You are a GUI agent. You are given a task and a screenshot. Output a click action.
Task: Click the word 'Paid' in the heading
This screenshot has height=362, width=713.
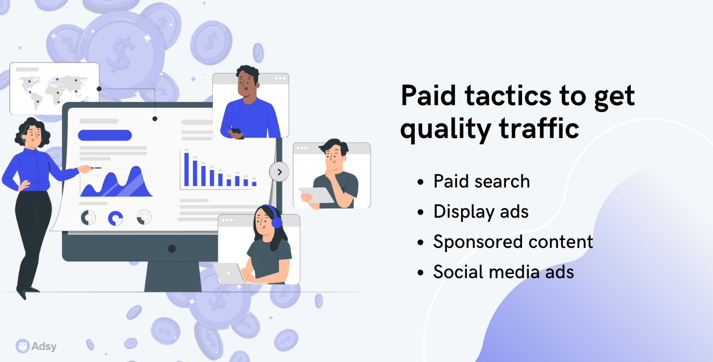click(x=429, y=96)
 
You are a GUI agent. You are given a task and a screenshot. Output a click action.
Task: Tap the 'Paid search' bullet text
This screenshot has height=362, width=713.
click(x=481, y=182)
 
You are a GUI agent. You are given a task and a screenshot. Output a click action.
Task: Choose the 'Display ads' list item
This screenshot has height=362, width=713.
click(x=481, y=212)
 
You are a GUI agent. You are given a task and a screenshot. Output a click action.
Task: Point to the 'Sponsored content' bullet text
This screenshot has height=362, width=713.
click(x=513, y=242)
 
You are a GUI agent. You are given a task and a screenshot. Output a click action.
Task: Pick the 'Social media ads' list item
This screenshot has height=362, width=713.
click(x=503, y=272)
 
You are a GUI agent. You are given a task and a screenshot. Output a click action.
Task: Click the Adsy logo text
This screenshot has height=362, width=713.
click(x=44, y=346)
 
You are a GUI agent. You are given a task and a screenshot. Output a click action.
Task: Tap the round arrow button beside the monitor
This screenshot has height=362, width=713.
click(x=279, y=172)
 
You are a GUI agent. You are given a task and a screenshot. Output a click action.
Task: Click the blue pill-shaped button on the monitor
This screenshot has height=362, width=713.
click(x=105, y=135)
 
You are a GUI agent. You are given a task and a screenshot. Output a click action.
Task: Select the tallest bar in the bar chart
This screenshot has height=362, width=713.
click(x=186, y=169)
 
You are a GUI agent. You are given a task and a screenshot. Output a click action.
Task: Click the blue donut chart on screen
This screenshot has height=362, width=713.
click(x=116, y=218)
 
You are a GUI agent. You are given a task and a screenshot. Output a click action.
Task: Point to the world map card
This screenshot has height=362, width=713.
click(x=55, y=88)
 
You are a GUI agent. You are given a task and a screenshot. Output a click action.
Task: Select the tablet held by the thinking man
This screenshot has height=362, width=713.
click(x=316, y=195)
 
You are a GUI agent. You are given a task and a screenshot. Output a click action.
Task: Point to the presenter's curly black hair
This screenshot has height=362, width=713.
click(x=32, y=131)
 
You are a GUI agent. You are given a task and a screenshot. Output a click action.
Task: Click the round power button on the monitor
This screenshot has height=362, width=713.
click(x=172, y=248)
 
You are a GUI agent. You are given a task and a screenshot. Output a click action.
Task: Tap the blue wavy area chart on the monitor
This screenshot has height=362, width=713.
click(x=116, y=182)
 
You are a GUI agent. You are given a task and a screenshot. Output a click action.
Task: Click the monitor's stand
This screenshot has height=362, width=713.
click(x=173, y=276)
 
